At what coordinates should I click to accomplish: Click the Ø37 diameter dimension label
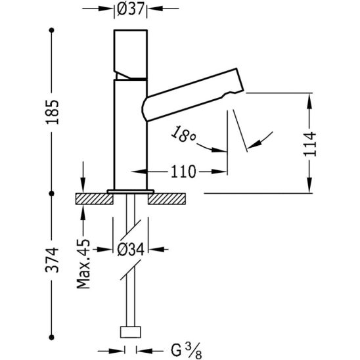point(130,10)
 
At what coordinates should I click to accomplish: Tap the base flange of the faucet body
point(130,191)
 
